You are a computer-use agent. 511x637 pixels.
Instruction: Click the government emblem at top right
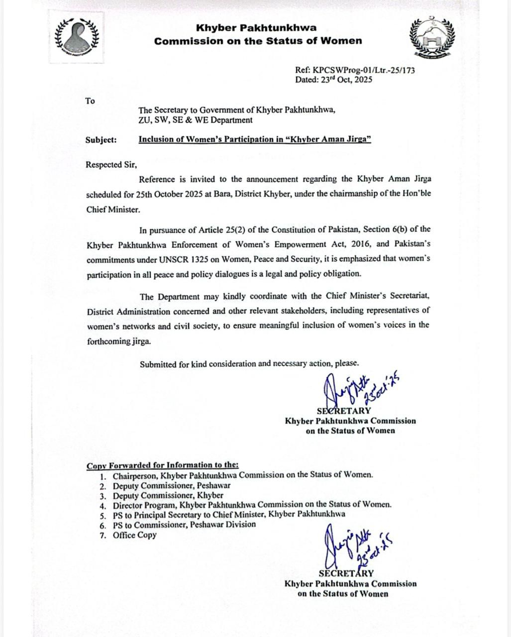coord(431,37)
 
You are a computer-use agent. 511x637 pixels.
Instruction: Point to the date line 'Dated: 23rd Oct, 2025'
coord(333,80)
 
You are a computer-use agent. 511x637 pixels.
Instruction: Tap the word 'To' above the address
coord(90,101)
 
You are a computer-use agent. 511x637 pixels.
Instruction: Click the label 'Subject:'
coord(101,140)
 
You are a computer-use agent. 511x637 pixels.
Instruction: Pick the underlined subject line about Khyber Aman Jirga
coord(255,140)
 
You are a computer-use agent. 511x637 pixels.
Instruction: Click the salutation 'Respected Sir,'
coord(111,165)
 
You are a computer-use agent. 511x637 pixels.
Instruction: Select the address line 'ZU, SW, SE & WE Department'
coord(195,120)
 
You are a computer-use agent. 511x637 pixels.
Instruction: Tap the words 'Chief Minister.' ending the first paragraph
coord(113,210)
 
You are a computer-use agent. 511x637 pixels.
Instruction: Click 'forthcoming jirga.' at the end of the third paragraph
coord(118,341)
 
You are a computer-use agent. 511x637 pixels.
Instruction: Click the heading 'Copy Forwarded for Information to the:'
coord(163,465)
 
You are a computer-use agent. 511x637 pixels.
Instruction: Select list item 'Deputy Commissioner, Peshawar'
coord(171,485)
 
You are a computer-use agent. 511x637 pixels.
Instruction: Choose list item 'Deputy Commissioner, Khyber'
coord(168,495)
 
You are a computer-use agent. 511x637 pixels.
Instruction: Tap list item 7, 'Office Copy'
coord(134,535)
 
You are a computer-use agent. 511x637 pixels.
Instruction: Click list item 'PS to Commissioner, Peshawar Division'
coord(184,525)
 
